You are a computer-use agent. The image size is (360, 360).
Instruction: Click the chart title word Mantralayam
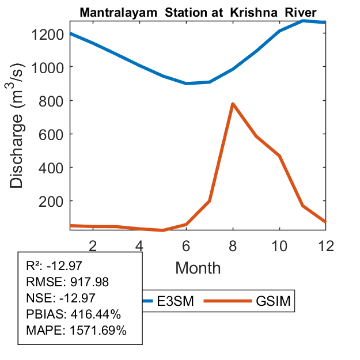pos(115,12)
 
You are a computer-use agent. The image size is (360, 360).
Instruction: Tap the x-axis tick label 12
pos(326,245)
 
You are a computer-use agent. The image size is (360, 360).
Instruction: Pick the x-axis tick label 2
pos(93,245)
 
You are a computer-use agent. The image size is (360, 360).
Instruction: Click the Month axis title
pos(198,267)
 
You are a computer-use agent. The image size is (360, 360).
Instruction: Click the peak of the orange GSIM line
pos(233,104)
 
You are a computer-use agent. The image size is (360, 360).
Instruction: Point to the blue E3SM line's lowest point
pos(187,84)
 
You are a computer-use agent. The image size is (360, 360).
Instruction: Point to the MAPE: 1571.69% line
pos(76,331)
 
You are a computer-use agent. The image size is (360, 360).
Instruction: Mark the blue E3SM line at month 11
pos(303,21)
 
